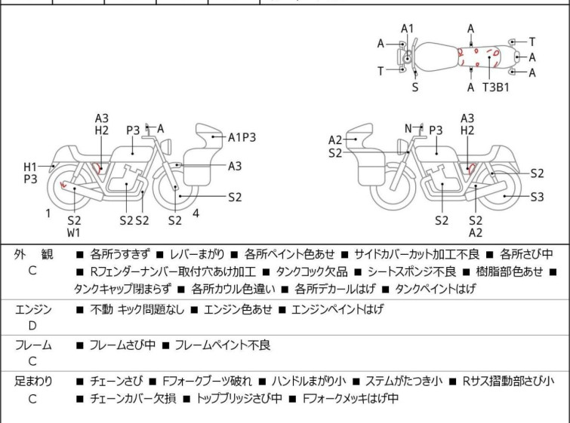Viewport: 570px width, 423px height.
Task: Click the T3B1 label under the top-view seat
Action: [x=496, y=87]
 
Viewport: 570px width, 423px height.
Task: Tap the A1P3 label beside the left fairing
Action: [x=242, y=138]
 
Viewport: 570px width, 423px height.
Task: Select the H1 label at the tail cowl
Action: [x=30, y=167]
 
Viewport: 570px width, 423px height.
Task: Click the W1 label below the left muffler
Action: [x=74, y=233]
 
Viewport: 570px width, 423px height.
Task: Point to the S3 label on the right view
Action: [x=538, y=197]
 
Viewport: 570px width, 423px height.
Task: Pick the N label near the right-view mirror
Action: [x=408, y=128]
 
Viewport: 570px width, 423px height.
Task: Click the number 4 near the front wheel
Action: [x=196, y=213]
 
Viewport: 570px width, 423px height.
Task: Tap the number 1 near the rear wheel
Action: [x=48, y=213]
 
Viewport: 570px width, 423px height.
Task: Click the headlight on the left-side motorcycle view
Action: [x=167, y=147]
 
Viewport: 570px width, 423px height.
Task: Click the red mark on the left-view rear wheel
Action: [x=63, y=185]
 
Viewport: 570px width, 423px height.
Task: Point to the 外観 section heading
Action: [x=33, y=254]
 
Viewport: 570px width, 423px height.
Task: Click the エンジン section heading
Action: [x=33, y=310]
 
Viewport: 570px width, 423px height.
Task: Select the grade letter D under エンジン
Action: [x=32, y=326]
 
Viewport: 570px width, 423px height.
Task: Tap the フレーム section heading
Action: [x=33, y=345]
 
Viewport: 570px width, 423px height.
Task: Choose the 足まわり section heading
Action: [x=33, y=382]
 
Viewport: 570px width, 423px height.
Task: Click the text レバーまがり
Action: [x=197, y=254]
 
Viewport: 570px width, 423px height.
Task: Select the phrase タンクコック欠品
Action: [x=312, y=271]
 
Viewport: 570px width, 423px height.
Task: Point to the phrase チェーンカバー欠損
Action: [x=133, y=398]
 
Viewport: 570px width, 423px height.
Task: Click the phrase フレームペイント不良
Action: [x=223, y=345]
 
